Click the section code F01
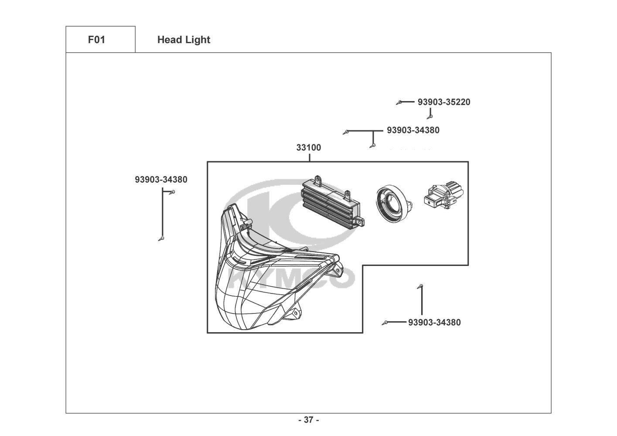pos(96,40)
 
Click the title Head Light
pos(184,40)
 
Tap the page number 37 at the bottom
pos(308,420)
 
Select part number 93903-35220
pos(444,102)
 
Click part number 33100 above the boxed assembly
pos(308,148)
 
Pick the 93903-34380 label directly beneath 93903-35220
pos(413,130)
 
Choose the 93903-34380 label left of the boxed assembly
pos(161,180)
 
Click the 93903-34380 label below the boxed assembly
pos(434,323)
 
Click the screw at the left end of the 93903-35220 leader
pos(399,102)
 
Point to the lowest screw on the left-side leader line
pos(161,238)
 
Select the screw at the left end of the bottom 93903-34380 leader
pos(385,323)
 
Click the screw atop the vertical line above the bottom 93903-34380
pos(420,286)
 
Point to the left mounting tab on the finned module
pos(318,180)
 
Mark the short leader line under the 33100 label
pos(309,157)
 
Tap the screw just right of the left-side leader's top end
pos(173,192)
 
